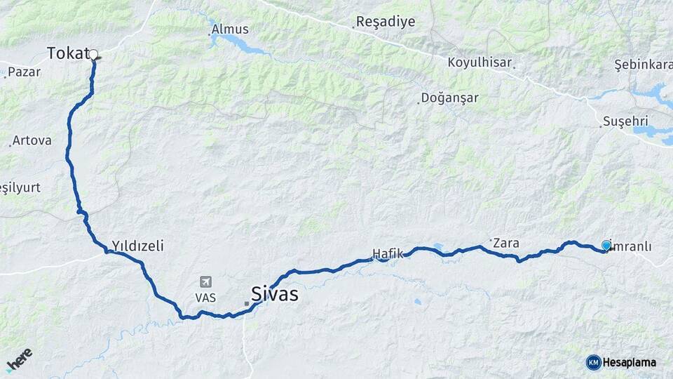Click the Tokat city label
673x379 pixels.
(x=67, y=53)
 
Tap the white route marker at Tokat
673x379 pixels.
(x=93, y=54)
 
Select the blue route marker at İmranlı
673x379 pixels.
(x=606, y=246)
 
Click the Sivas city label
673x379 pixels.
(x=274, y=293)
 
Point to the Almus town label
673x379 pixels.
(x=230, y=29)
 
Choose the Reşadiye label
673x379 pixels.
(x=386, y=22)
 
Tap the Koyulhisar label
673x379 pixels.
(x=480, y=62)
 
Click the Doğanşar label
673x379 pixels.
(x=450, y=98)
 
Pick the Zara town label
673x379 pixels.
(x=506, y=244)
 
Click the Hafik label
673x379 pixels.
(x=388, y=253)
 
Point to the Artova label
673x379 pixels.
(x=32, y=140)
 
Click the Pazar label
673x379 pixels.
(x=25, y=72)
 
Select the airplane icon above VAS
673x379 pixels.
(x=205, y=282)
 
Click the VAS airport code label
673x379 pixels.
(x=205, y=298)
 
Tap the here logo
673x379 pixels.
(x=19, y=359)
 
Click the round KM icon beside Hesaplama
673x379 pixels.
(x=593, y=362)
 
